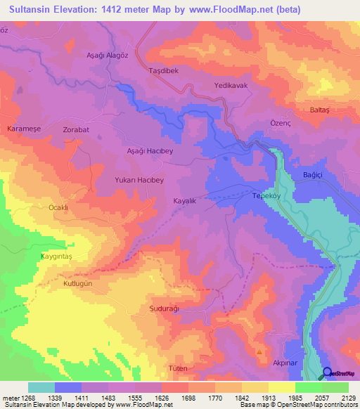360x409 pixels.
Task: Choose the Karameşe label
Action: pos(23,130)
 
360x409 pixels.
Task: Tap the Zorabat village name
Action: pos(76,131)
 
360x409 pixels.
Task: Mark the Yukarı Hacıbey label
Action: pos(139,180)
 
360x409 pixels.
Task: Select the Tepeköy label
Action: pos(266,197)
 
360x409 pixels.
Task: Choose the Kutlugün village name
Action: pos(78,283)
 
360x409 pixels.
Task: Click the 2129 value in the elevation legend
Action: pos(347,397)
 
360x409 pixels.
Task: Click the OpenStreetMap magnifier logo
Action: pos(328,373)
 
